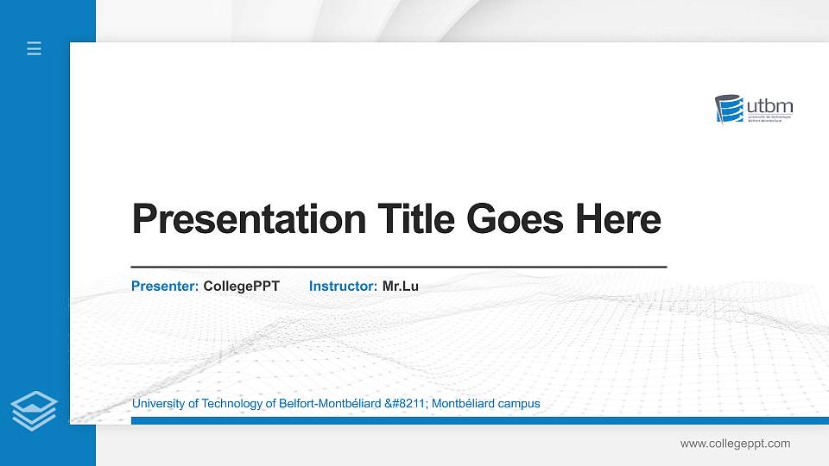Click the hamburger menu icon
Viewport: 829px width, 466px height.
coord(34,49)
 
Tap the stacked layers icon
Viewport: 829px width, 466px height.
coord(34,410)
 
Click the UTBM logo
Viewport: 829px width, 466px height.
coord(754,110)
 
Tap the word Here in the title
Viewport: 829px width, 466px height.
coord(618,219)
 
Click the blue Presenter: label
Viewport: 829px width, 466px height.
coord(165,286)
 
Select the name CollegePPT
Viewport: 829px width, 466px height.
coord(241,286)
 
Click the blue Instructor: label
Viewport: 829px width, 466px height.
coord(343,286)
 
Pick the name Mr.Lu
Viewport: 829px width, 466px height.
coord(400,286)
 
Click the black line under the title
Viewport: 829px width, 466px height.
coord(398,268)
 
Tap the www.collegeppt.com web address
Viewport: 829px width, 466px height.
coord(735,444)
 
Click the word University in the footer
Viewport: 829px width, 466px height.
coord(160,404)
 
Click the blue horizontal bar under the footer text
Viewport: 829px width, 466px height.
coord(474,420)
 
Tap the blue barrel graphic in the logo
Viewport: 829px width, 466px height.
coord(731,110)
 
